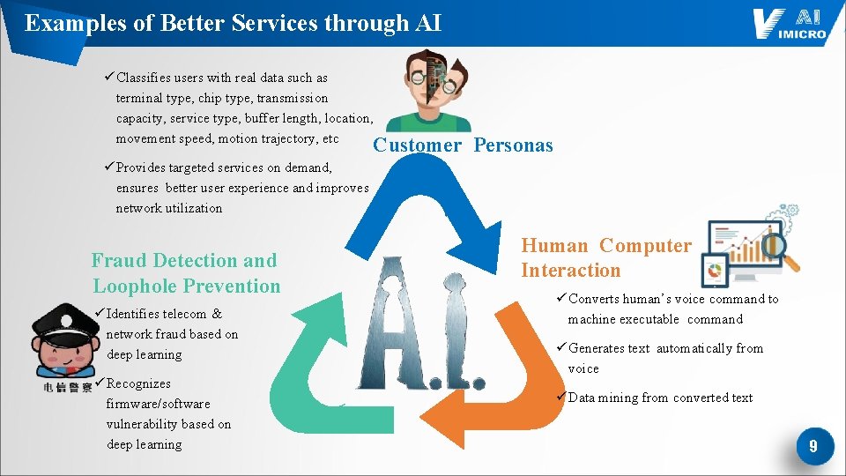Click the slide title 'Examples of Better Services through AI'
pos(233,23)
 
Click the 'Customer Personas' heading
pos(463,145)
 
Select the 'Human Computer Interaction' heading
pos(606,258)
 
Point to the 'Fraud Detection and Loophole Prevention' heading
pos(185,273)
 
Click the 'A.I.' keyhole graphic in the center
pos(421,324)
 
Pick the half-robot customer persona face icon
pos(430,88)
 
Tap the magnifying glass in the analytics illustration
pos(780,251)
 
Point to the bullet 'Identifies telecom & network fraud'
pos(167,334)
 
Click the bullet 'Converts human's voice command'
pos(670,309)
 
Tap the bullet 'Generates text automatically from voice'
pos(663,358)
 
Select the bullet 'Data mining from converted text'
pos(657,398)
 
